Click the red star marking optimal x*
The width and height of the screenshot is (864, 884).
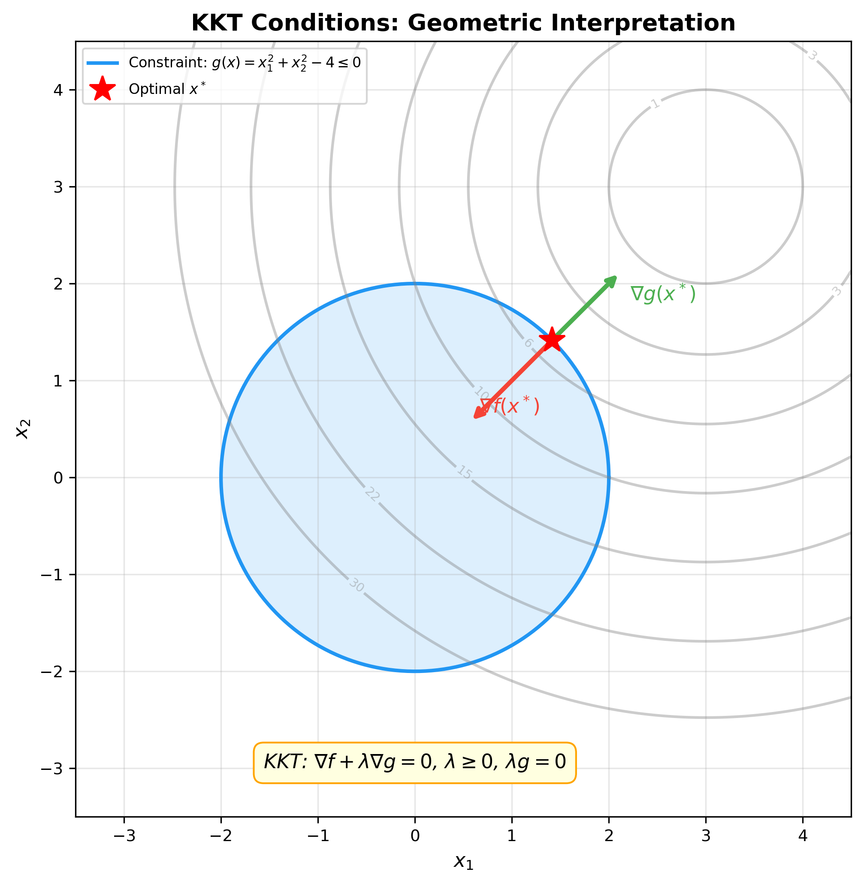click(x=552, y=339)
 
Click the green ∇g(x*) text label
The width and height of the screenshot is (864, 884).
click(x=662, y=294)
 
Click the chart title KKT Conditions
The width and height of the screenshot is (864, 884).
click(x=463, y=23)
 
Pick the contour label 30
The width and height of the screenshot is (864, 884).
click(x=356, y=586)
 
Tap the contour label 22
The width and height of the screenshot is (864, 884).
click(x=372, y=495)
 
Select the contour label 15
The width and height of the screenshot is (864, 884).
click(x=464, y=472)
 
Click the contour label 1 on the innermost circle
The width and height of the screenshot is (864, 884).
click(x=655, y=104)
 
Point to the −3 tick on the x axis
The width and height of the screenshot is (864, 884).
click(x=124, y=836)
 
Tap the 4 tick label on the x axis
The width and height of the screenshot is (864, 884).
click(x=803, y=836)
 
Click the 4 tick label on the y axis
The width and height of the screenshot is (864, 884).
click(x=58, y=90)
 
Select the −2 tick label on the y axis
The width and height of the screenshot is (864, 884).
click(x=51, y=672)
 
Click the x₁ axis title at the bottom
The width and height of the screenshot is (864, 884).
click(x=463, y=861)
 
